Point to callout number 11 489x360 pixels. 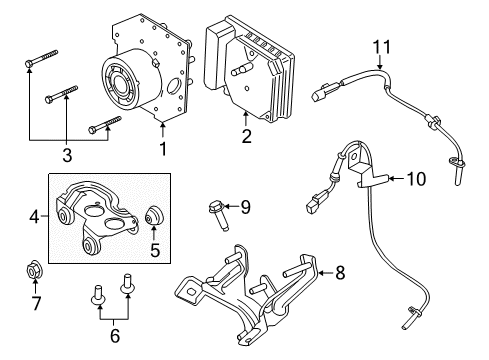point(379,46)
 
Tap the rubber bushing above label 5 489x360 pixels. point(155,214)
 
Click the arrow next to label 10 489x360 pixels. point(392,179)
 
